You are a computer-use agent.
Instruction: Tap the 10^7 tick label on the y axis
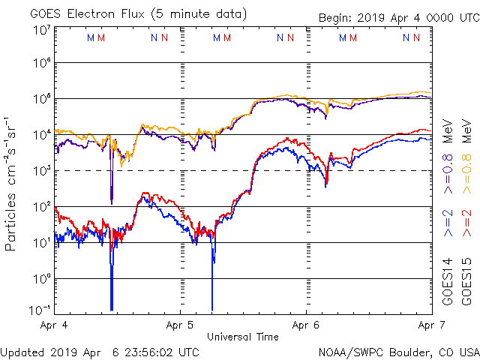41,30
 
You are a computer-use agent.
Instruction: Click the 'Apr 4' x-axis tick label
55,326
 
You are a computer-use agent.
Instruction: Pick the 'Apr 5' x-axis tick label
181,326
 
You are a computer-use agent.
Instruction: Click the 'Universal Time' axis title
243,337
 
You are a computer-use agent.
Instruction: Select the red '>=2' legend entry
466,223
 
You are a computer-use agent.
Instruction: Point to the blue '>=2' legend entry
447,223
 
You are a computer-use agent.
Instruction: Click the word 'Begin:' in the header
337,17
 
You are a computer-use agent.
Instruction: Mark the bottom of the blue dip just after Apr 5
212,308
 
